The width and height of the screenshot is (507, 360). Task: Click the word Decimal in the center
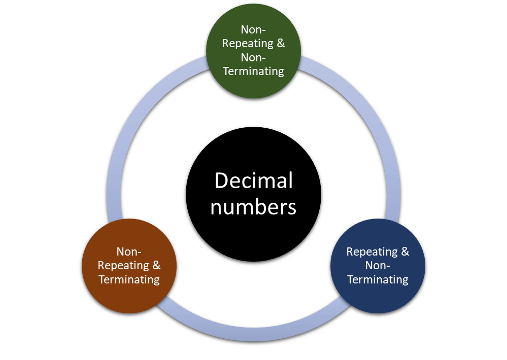(x=253, y=181)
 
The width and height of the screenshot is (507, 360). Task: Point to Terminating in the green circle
(x=253, y=71)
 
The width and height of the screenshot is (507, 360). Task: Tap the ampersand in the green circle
(x=281, y=43)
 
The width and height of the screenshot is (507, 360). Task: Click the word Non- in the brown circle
(x=129, y=251)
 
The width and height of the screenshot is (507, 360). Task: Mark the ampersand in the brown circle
(x=156, y=265)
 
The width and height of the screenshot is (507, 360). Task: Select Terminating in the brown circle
(x=129, y=279)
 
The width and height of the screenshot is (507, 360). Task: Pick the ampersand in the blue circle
(x=404, y=251)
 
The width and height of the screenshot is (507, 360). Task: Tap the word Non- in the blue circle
(x=377, y=265)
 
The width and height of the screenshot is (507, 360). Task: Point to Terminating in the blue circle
(x=377, y=279)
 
